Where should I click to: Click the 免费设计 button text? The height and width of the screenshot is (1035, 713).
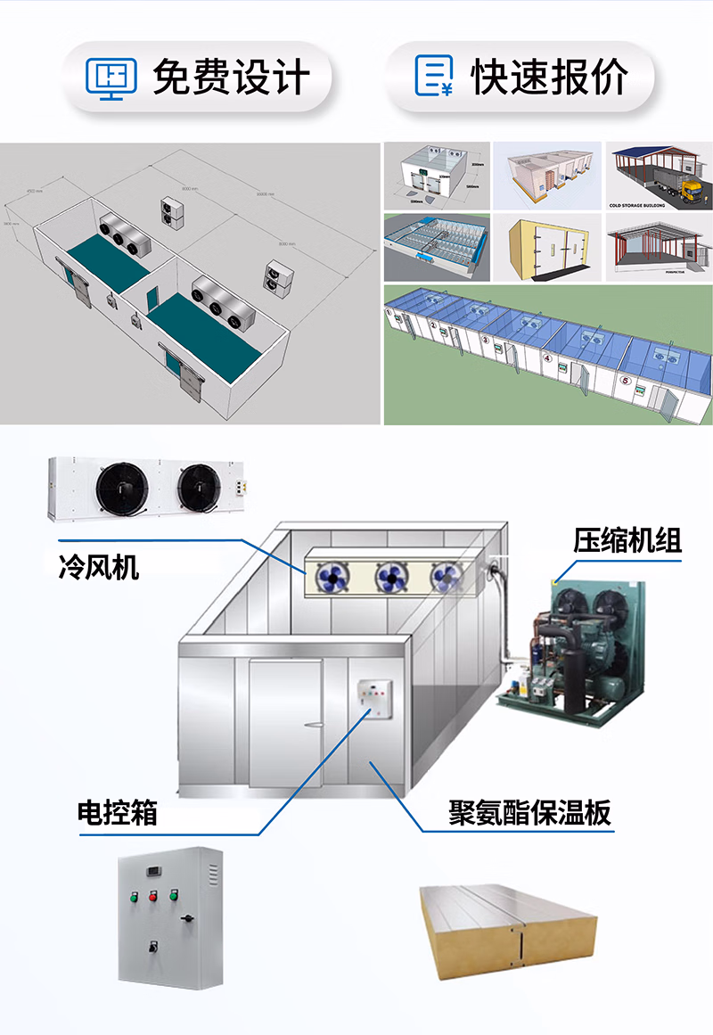tap(231, 77)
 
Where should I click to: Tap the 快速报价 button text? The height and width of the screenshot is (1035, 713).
tap(549, 77)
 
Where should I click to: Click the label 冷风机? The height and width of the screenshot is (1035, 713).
tap(99, 566)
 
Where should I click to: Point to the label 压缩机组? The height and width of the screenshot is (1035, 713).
tap(627, 540)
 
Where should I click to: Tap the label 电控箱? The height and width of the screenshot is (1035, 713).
tap(118, 812)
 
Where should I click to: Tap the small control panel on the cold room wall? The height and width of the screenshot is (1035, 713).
tap(374, 700)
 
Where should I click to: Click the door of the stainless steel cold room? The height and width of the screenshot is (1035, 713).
tap(285, 722)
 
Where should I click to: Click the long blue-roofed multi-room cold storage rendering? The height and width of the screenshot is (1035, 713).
tap(547, 355)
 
